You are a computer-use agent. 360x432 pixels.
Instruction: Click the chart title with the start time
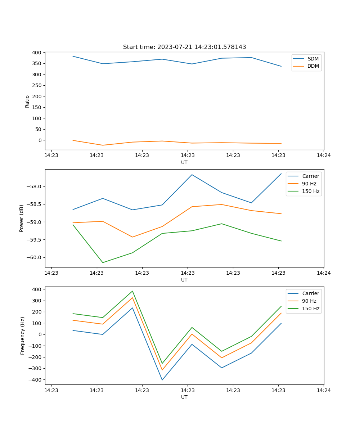tap(184, 47)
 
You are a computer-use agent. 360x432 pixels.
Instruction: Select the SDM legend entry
tap(313, 58)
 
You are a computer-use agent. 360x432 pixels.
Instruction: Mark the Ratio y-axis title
tap(27, 101)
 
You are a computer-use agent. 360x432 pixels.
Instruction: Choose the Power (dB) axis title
tap(22, 218)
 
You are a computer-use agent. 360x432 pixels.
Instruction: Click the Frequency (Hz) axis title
tap(23, 336)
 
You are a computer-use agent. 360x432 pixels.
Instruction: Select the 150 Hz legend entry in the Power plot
tap(311, 191)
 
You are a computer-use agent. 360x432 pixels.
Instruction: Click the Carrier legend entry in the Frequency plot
tap(310, 293)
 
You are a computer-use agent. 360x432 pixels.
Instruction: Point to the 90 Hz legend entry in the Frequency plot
tap(309, 301)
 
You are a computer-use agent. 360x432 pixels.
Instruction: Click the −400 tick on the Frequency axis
tap(35, 380)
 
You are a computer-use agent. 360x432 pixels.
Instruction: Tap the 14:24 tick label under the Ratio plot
tap(324, 155)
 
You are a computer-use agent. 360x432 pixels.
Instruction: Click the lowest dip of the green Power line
tap(103, 262)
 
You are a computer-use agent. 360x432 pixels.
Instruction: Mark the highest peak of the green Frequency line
tap(132, 291)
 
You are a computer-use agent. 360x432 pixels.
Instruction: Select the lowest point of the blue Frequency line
tap(162, 380)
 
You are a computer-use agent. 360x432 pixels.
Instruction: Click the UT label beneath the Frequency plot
tap(184, 397)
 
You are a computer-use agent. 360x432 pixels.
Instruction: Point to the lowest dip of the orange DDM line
tap(103, 145)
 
